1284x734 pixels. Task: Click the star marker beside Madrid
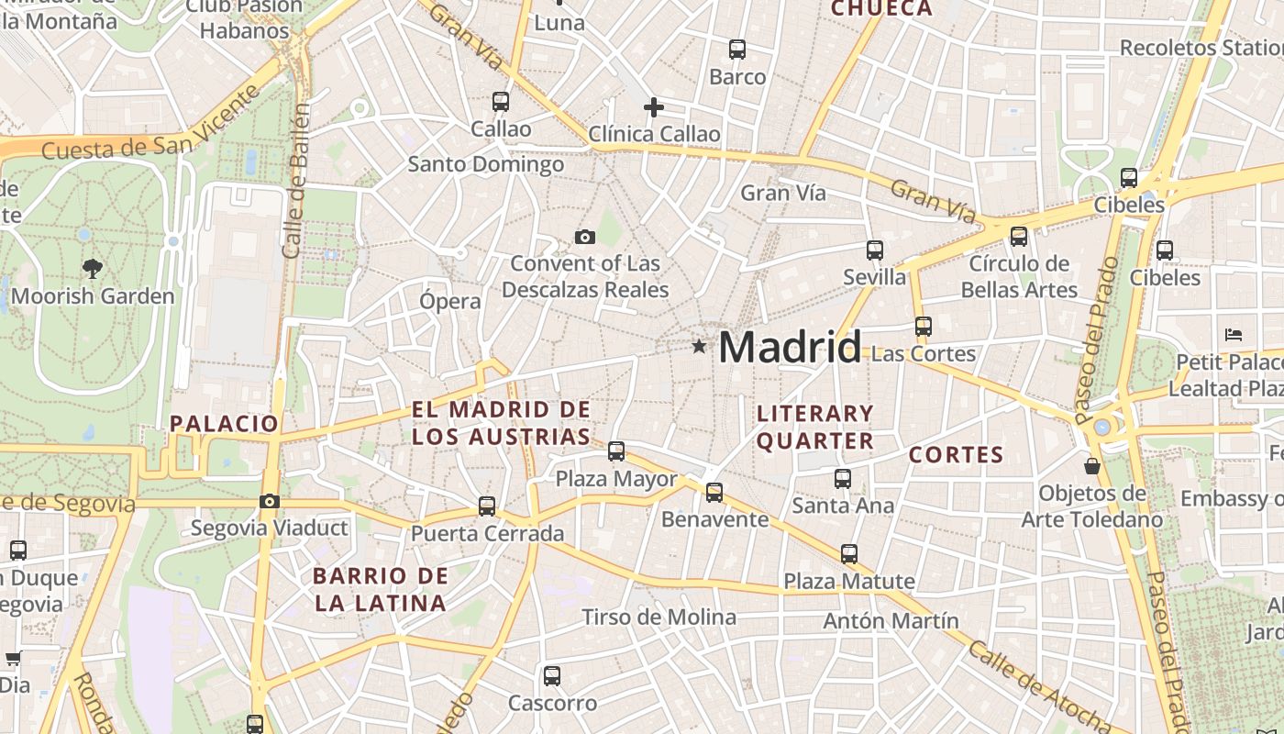click(700, 346)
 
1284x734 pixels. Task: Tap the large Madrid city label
click(790, 347)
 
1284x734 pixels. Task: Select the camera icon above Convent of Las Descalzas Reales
click(585, 238)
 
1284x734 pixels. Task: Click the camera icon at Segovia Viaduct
click(270, 501)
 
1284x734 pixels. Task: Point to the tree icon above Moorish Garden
click(92, 269)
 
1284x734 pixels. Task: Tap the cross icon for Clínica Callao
click(654, 108)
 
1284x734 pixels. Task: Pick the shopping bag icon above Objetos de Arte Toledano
click(1092, 466)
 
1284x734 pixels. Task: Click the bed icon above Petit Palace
click(1234, 334)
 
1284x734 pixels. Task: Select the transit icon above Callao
click(501, 102)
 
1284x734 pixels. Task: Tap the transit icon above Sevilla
click(875, 250)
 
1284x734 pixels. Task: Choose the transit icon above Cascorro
click(552, 676)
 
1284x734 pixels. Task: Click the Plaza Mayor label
click(616, 479)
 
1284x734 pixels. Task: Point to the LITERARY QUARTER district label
click(814, 428)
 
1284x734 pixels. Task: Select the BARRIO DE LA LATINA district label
click(380, 590)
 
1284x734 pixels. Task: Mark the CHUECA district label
click(881, 9)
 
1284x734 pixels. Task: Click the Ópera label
click(450, 301)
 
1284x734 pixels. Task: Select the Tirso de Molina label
click(659, 617)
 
